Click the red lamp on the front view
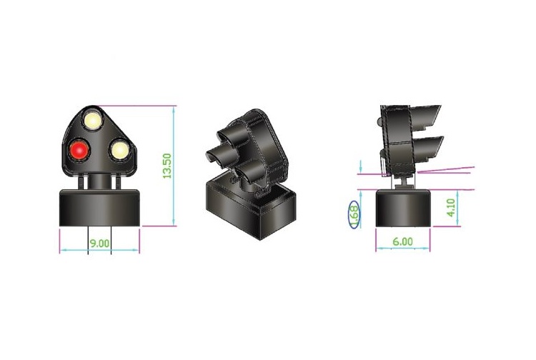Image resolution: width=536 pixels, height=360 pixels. (x=78, y=151)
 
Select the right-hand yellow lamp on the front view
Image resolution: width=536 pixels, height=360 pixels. (x=118, y=151)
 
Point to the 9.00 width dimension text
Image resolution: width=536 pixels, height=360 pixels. (x=99, y=243)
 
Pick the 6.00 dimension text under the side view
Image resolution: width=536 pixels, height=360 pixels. (x=402, y=242)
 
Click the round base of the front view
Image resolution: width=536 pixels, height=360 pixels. (x=99, y=208)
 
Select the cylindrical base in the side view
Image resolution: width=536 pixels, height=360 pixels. (x=402, y=208)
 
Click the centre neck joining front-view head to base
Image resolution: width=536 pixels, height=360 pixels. (x=99, y=181)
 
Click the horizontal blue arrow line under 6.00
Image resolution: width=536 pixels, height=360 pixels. (x=402, y=250)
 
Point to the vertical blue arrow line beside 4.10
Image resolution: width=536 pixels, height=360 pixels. (x=457, y=208)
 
